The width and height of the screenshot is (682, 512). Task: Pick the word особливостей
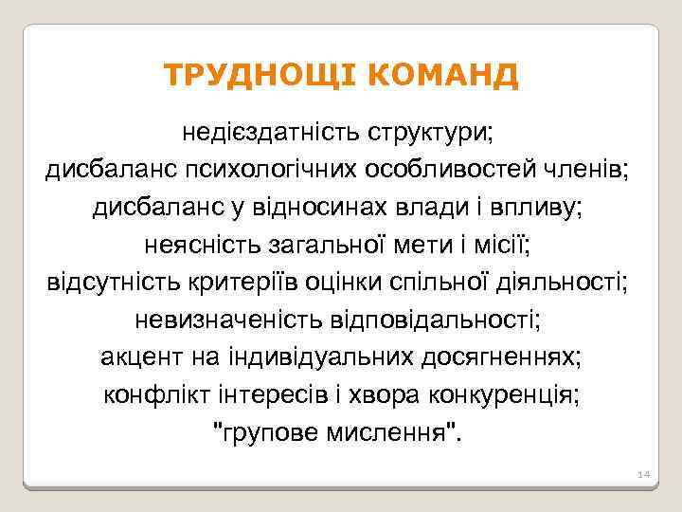click(x=461, y=170)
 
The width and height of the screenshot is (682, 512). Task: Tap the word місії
click(x=509, y=245)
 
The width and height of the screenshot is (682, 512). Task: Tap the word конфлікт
click(x=153, y=394)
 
